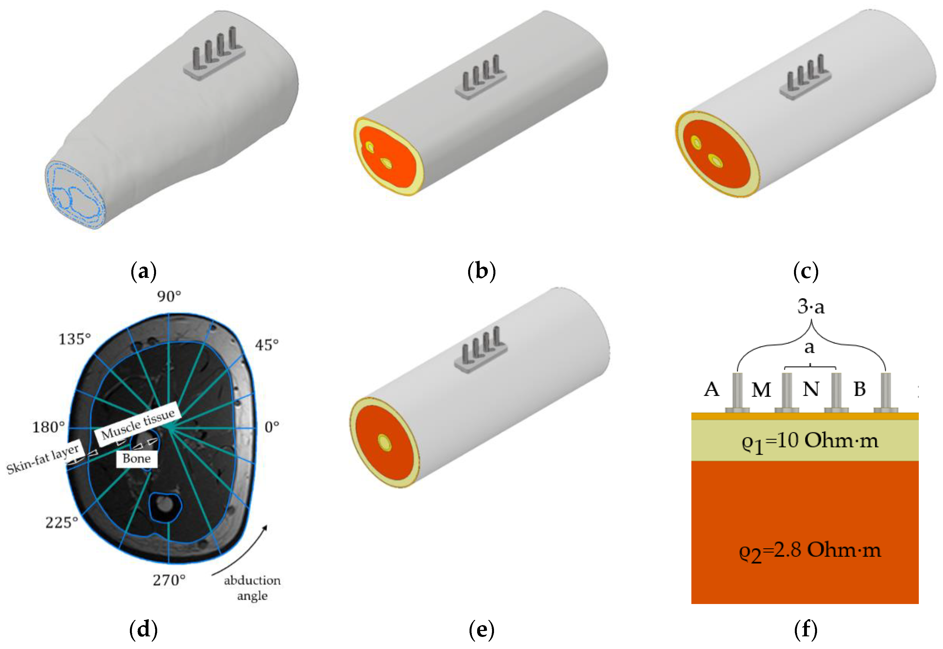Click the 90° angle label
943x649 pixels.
169,296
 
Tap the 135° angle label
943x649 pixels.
75,339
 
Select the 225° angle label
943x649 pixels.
61,522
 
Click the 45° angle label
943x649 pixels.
267,345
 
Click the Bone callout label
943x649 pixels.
137,458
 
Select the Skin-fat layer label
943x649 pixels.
43,459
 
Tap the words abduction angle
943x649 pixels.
252,588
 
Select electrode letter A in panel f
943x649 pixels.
711,389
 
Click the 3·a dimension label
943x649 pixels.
811,307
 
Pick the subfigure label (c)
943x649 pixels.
806,271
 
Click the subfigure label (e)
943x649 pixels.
481,630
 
